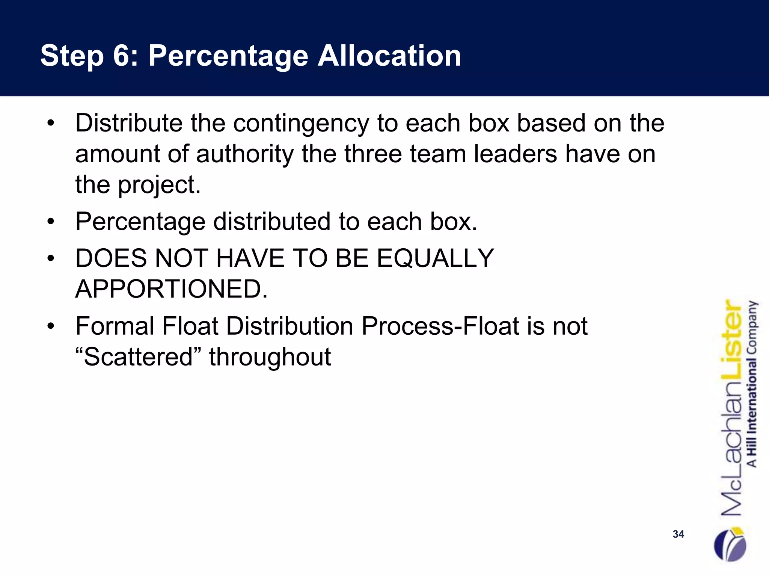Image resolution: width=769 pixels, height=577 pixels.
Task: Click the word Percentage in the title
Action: (x=228, y=56)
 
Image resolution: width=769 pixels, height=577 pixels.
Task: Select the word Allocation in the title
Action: (x=389, y=56)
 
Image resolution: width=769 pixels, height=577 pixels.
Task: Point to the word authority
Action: (x=245, y=154)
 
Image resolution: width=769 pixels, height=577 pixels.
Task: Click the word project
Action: (x=159, y=185)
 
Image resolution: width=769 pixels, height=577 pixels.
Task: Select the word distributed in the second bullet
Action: (x=272, y=222)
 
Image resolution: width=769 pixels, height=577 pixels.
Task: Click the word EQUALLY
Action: (x=435, y=258)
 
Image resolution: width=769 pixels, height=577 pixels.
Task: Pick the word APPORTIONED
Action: (x=172, y=289)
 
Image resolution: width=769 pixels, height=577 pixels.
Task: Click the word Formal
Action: (x=115, y=326)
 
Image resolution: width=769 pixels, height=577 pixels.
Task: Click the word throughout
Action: (x=270, y=356)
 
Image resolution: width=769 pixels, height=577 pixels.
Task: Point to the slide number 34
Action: (x=678, y=534)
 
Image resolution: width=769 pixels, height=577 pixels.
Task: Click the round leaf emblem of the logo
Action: (x=730, y=544)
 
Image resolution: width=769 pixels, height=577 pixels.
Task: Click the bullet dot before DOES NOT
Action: (x=51, y=258)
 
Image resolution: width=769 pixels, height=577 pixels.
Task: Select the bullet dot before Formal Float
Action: (x=51, y=326)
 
